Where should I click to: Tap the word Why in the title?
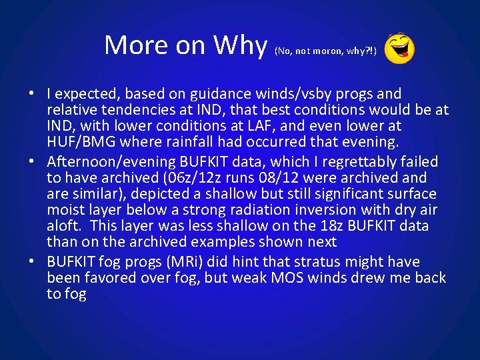tap(240, 45)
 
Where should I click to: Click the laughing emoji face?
tap(400, 49)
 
